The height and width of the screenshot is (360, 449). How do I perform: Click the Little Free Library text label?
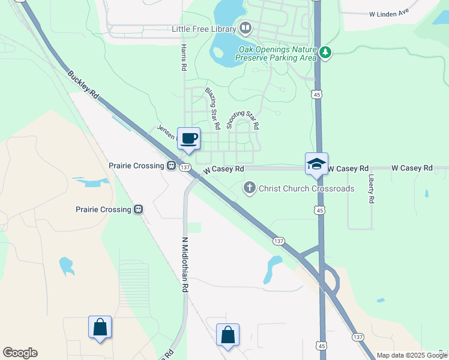pos(204,28)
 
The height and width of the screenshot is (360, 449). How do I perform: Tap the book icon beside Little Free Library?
pos(245,28)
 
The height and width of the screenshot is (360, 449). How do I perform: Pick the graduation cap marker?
pos(316,164)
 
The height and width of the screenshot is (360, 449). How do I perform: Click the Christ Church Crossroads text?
pos(306,188)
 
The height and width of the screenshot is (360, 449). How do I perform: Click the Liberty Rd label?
pos(372,188)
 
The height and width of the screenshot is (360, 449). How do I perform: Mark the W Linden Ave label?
pos(389,13)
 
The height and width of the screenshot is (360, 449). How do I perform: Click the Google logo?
pos(20,353)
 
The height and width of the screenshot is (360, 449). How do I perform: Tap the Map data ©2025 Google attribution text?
pos(412,355)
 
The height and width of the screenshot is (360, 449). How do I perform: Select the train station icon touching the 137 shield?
pos(171,166)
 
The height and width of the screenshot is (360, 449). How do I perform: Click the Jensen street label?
pos(166,130)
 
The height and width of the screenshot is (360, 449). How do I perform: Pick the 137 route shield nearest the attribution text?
pos(358,337)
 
